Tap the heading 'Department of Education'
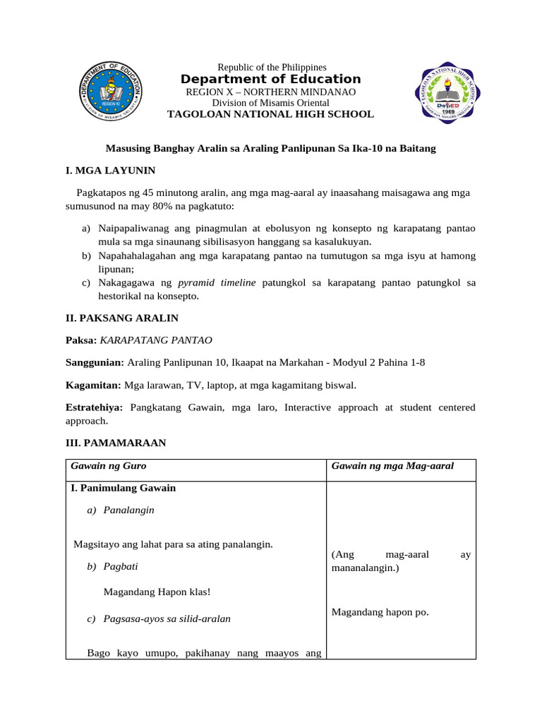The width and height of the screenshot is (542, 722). [x=270, y=79]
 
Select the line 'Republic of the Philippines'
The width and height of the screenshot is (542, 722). [x=272, y=66]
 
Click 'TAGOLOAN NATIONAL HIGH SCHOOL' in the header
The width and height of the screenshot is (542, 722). [x=270, y=114]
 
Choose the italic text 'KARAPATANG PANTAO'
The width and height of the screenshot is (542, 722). [x=156, y=340]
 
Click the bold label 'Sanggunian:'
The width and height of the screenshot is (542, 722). [x=95, y=362]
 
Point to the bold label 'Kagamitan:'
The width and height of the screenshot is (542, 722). [x=94, y=385]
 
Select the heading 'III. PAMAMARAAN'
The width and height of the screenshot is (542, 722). [x=116, y=443]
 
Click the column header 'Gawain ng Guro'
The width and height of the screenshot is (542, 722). [x=109, y=466]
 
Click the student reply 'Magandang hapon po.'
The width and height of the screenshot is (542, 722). [x=380, y=612]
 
